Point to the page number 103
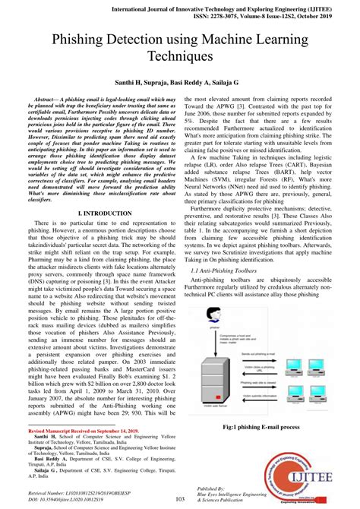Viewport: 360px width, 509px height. [180, 498]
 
